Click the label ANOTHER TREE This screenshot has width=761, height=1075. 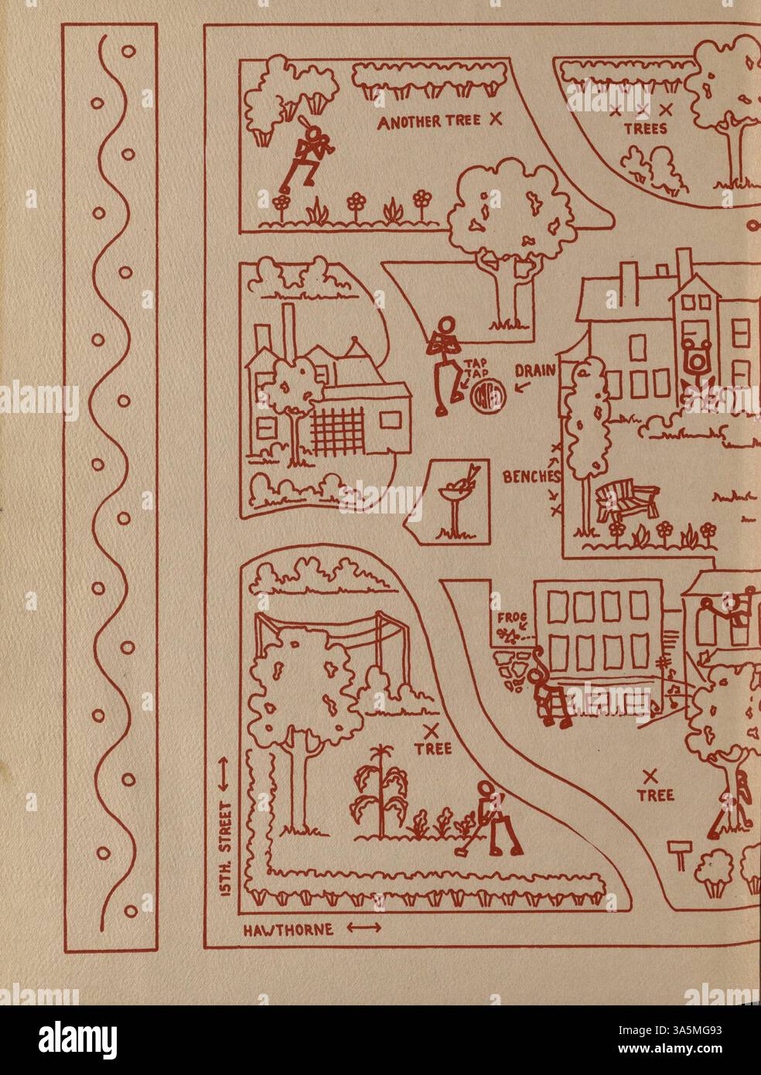pos(428,121)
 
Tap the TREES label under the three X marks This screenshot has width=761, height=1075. pos(645,129)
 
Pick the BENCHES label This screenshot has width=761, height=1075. pos(530,477)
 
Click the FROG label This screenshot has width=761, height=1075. pos(507,616)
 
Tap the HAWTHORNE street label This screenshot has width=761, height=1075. pos(288,929)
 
